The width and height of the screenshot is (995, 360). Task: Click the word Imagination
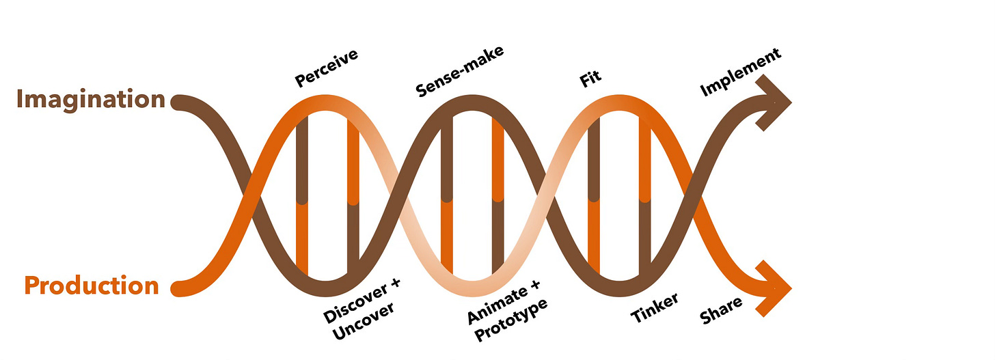coord(90,100)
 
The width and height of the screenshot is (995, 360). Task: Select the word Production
coord(92,285)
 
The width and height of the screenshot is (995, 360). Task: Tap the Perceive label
coord(327,68)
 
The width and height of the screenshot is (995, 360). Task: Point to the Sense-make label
coord(459,70)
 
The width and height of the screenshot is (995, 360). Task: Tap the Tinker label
coord(654,308)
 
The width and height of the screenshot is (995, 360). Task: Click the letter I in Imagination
coord(20,100)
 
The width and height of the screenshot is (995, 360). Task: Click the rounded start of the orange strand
coord(178,288)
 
